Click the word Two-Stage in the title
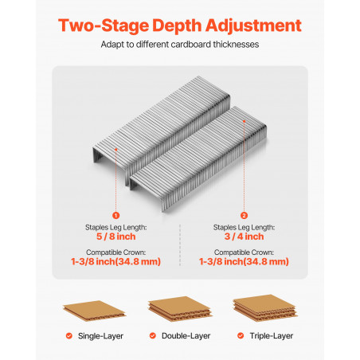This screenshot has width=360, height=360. [104, 26]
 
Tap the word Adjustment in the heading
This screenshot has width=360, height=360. [253, 26]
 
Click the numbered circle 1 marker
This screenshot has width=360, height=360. [115, 215]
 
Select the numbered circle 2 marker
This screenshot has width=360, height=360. [244, 215]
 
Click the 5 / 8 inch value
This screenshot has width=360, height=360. [115, 237]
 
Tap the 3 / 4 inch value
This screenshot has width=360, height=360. [244, 237]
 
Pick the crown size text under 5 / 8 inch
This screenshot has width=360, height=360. [115, 261]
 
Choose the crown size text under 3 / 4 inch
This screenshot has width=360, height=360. [244, 261]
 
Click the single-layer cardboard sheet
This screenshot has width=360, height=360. [95, 310]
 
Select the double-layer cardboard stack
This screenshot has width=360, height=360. [180, 309]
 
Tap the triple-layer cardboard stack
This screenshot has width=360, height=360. [265, 308]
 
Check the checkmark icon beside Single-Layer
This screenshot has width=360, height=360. [69, 336]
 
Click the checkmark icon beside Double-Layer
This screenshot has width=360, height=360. [153, 336]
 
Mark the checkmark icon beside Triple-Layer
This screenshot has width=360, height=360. [241, 336]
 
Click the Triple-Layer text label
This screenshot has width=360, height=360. [272, 336]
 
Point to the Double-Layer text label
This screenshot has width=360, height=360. [186, 336]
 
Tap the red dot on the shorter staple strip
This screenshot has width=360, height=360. [116, 150]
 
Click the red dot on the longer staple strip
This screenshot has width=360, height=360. [244, 121]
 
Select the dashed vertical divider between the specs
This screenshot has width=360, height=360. [180, 245]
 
